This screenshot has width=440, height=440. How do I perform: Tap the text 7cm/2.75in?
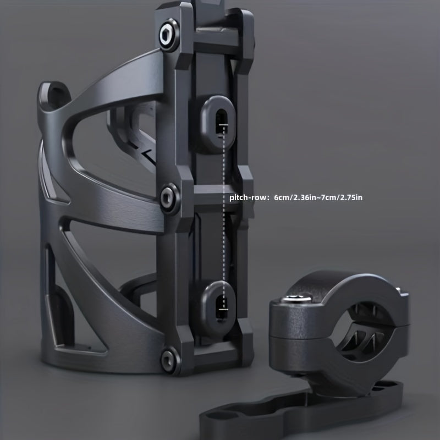343,197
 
